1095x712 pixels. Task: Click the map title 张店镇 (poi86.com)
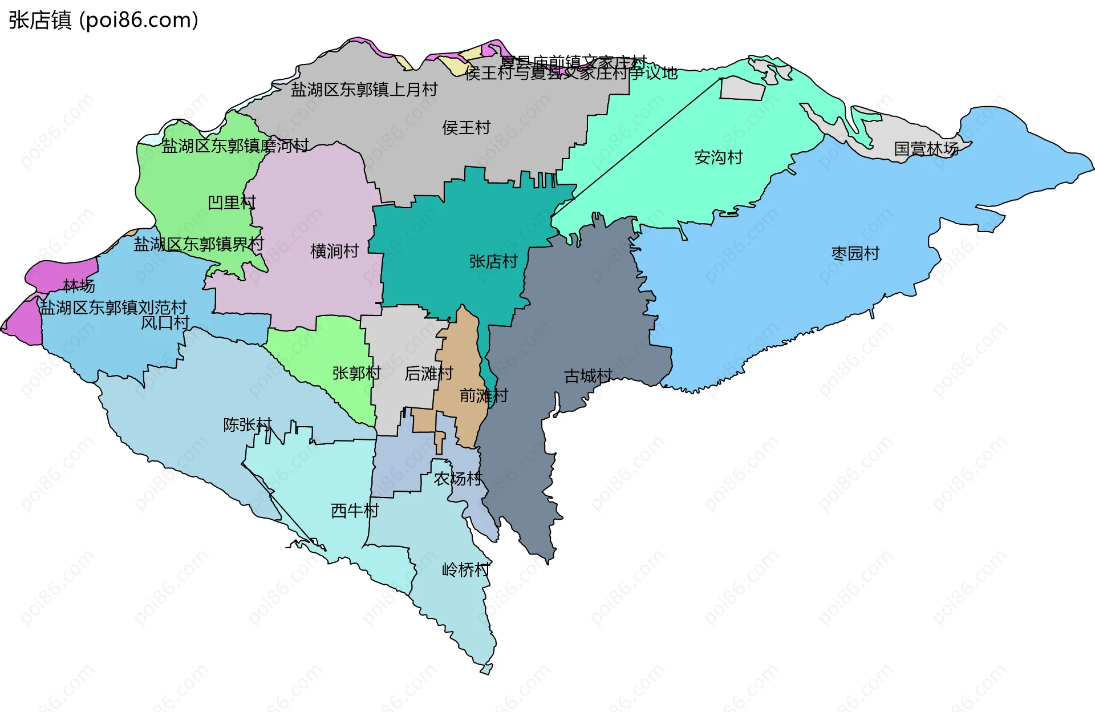(x=103, y=20)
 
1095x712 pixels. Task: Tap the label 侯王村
(x=466, y=128)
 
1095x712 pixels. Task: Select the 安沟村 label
(x=718, y=157)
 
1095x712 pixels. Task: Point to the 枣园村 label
(x=855, y=253)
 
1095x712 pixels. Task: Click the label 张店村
(x=493, y=261)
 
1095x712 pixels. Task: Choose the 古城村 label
(x=588, y=376)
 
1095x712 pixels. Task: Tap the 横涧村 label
(x=334, y=251)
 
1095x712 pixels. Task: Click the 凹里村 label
(x=232, y=203)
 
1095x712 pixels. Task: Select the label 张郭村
(x=356, y=373)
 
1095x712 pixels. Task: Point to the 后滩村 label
(x=428, y=374)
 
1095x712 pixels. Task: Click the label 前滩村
(x=484, y=395)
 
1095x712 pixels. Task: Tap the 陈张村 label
(x=248, y=425)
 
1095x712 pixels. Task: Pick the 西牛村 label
(x=355, y=511)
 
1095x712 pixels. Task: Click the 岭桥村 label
(x=465, y=569)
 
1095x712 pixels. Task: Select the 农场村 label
(x=458, y=479)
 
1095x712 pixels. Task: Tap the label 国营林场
(x=926, y=149)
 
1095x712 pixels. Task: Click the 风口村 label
(x=165, y=322)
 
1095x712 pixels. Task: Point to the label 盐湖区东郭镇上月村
(x=364, y=90)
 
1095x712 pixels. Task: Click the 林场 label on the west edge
(x=79, y=285)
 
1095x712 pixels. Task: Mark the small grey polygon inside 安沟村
(x=743, y=88)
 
